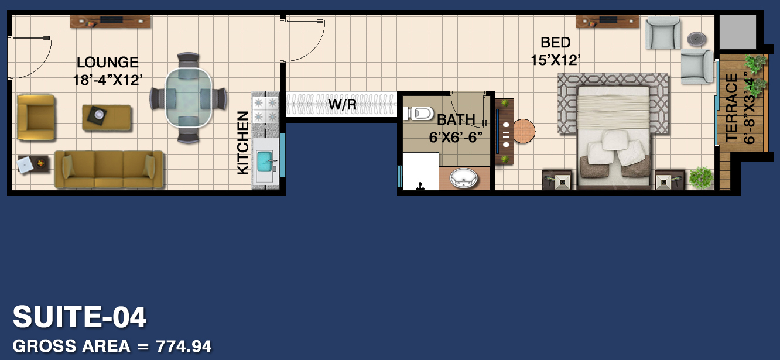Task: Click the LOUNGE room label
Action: pos(108,63)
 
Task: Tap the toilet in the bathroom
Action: pos(418,113)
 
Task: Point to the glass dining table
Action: pos(188,97)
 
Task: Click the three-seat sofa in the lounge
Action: pos(109,169)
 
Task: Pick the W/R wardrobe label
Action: pos(343,104)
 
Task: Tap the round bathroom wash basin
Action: pos(463,179)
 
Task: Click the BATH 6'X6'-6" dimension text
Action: pos(456,138)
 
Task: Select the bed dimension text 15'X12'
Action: pos(555,60)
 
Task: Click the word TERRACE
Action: pos(731,108)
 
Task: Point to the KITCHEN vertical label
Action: pos(243,143)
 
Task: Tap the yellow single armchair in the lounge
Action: pos(36,118)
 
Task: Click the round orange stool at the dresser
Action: pos(524,131)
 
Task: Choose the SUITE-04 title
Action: pos(80,317)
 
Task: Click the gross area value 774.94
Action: pos(183,347)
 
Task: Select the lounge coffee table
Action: pos(107,117)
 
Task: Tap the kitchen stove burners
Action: pos(265,109)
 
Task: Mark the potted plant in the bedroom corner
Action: pos(701,178)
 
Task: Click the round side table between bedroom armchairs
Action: pos(697,39)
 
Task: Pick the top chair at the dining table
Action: pos(188,60)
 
